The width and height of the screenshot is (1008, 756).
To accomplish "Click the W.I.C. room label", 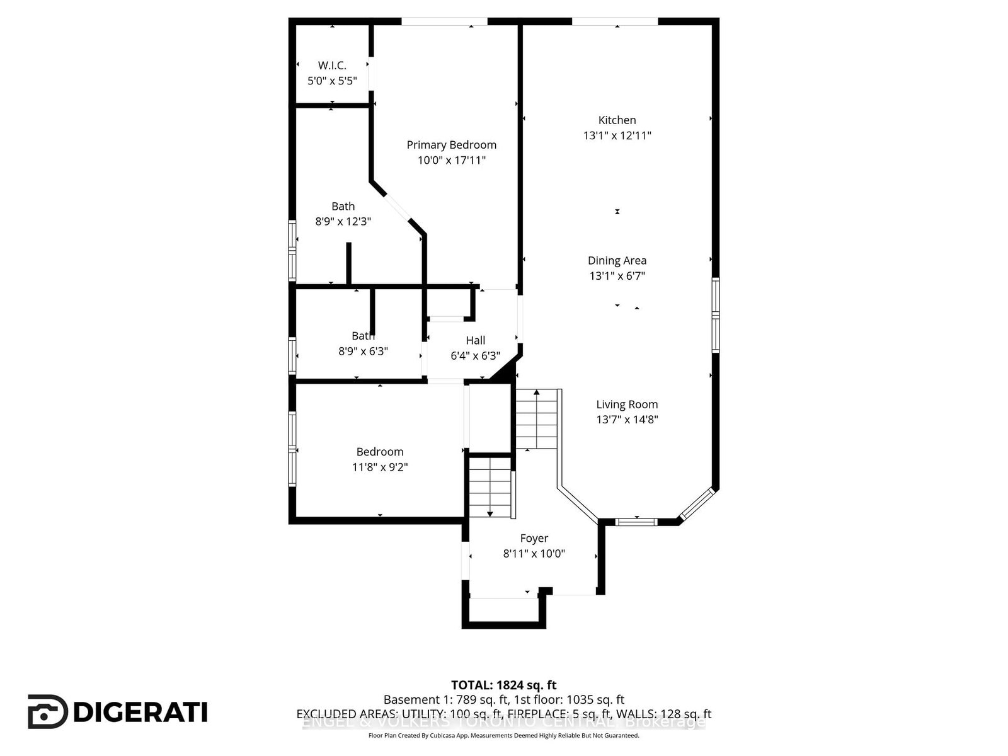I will tap(332, 66).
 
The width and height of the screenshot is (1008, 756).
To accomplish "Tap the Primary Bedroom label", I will tap(451, 145).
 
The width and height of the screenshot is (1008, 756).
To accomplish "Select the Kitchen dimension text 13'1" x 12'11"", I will tap(617, 135).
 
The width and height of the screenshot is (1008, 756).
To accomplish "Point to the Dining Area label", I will tap(617, 260).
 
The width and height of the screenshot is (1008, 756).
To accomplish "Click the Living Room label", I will tap(627, 404).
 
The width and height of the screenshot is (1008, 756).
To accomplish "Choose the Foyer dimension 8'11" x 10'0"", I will tap(534, 554).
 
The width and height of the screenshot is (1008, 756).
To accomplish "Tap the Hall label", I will tap(475, 340).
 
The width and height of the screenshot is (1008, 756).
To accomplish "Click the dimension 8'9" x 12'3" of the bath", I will tap(343, 222).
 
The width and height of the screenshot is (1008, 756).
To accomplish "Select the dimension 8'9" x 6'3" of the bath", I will tap(363, 352).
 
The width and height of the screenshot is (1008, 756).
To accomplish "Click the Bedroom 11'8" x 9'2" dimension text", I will tap(380, 467).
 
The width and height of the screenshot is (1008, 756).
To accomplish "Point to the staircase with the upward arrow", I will tap(537, 419).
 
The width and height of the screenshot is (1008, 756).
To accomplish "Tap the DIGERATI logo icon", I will tap(47, 712).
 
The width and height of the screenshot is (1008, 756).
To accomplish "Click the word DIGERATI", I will tap(140, 713).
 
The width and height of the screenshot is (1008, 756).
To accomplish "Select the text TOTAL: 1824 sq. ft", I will tap(503, 685).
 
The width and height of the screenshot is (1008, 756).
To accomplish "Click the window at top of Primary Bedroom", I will tap(444, 22).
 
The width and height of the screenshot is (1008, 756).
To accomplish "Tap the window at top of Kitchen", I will tap(615, 22).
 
